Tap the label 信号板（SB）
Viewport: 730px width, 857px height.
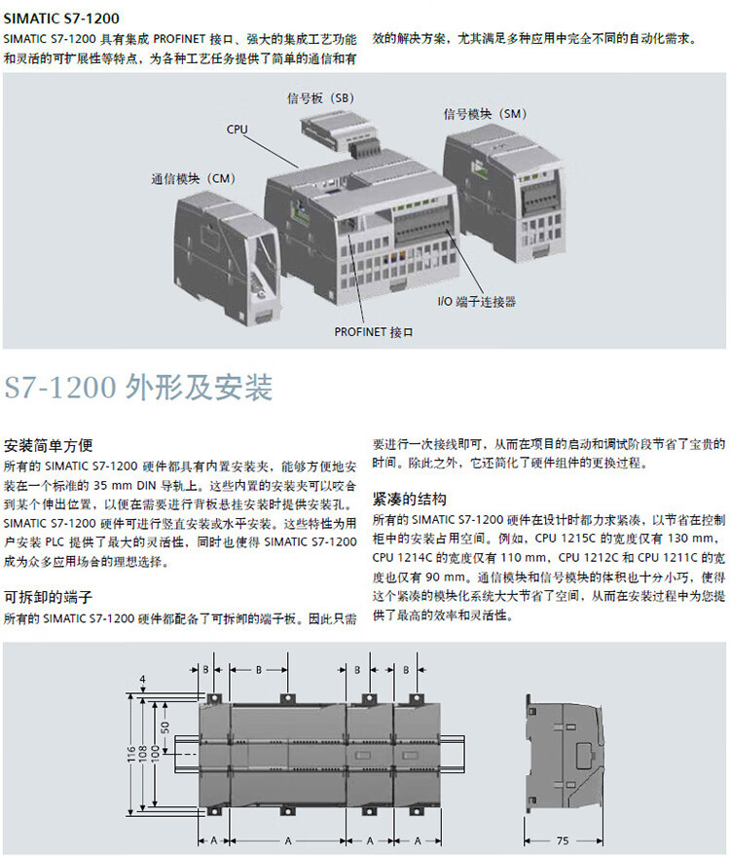[x=320, y=98]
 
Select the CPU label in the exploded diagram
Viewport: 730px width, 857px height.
[x=237, y=129]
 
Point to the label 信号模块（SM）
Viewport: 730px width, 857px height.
[x=484, y=113]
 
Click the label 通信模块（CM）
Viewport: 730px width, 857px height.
[x=193, y=179]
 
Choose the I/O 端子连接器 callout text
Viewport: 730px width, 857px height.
[x=477, y=302]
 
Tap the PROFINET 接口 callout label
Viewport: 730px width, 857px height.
[x=374, y=332]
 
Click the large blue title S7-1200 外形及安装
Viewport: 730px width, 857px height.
[x=138, y=387]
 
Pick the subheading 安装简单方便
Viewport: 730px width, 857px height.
[x=48, y=445]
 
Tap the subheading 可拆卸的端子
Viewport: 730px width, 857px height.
[x=48, y=597]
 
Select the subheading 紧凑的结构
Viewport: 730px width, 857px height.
[x=410, y=499]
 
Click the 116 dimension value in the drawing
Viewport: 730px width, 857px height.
[x=131, y=754]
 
